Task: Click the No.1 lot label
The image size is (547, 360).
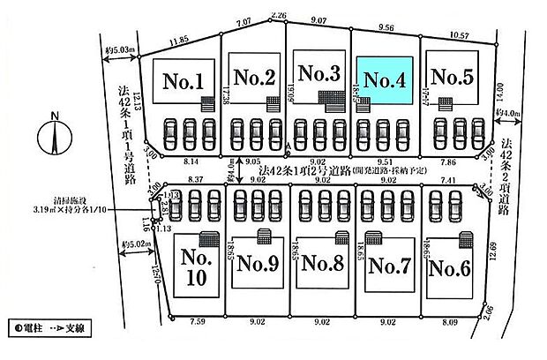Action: (184, 81)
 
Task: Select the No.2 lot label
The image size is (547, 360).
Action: (254, 78)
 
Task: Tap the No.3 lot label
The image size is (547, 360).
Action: (319, 73)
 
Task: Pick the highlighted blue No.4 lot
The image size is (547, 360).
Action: (384, 78)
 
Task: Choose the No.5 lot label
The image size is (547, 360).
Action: (453, 78)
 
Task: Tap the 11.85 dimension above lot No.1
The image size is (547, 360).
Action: (179, 40)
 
